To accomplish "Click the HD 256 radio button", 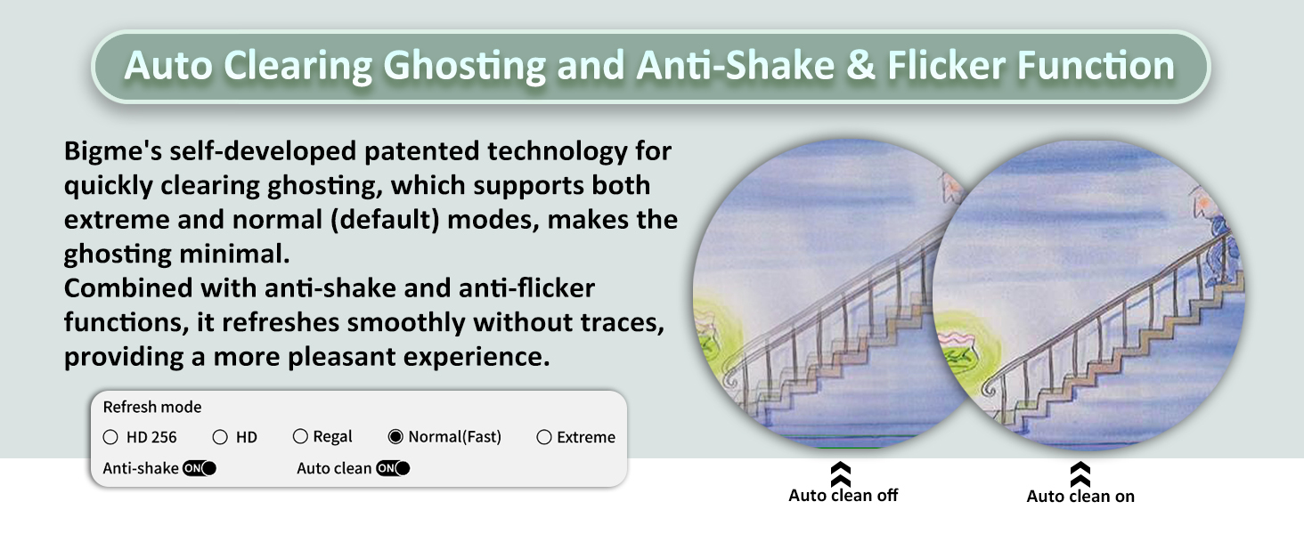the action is click(x=110, y=438).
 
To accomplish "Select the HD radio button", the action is click(x=220, y=438).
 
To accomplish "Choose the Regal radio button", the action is click(x=300, y=436).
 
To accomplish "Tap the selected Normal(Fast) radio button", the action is click(x=395, y=436).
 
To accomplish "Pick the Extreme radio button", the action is click(x=544, y=438).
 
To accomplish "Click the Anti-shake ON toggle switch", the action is click(x=200, y=468).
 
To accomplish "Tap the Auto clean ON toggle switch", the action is click(x=393, y=468).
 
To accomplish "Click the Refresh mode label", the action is click(x=152, y=408).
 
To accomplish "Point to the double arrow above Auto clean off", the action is click(x=841, y=474).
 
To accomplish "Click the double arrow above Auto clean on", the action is click(x=1080, y=474).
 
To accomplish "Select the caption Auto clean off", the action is click(x=843, y=496).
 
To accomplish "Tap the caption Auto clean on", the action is click(x=1080, y=497).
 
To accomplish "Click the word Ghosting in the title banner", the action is click(x=464, y=66).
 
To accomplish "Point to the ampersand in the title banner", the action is click(x=860, y=65).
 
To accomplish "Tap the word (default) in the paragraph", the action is click(x=384, y=220).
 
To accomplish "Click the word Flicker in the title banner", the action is click(x=946, y=65).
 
